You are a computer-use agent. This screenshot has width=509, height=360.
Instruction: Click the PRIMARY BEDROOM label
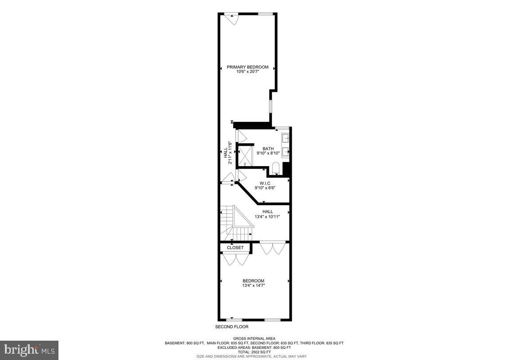click(x=247, y=67)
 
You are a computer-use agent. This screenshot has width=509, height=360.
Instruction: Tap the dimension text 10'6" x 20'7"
click(x=247, y=72)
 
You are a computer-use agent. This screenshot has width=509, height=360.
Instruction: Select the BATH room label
click(x=268, y=148)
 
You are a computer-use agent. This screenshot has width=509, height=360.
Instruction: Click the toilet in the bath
click(x=276, y=170)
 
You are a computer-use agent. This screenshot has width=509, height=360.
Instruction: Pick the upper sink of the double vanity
click(x=286, y=138)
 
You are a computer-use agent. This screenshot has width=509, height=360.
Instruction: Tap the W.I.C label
click(x=265, y=183)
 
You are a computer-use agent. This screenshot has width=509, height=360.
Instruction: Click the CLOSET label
click(x=235, y=247)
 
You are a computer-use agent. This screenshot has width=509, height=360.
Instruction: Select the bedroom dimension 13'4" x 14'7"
click(x=254, y=285)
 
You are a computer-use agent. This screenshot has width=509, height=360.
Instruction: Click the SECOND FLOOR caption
click(x=232, y=327)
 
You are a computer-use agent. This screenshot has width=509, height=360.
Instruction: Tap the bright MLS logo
click(x=29, y=350)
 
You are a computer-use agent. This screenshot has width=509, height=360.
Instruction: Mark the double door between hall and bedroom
click(x=272, y=248)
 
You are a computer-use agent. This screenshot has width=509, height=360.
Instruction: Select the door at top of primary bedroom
click(x=232, y=18)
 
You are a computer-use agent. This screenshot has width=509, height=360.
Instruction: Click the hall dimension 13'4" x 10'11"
click(x=268, y=216)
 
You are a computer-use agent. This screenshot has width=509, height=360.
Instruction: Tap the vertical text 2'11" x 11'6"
click(x=230, y=153)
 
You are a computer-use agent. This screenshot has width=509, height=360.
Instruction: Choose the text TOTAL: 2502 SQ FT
click(x=254, y=352)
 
